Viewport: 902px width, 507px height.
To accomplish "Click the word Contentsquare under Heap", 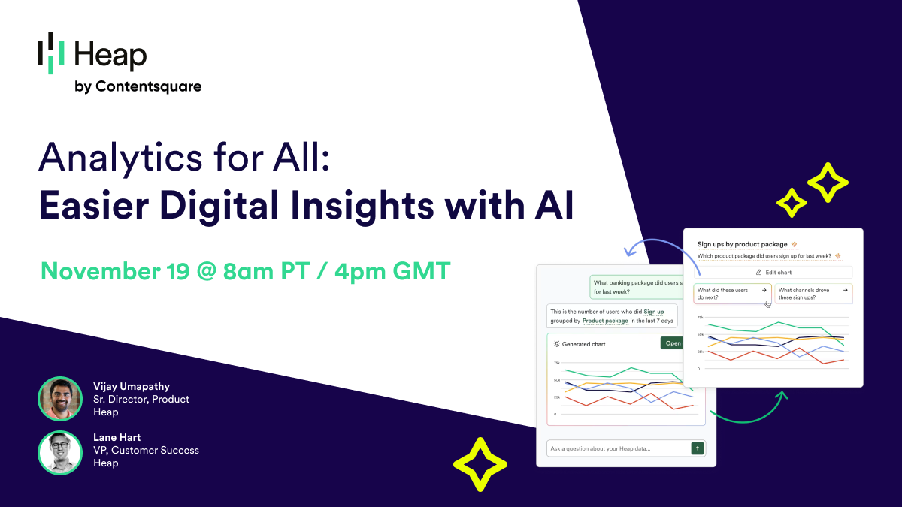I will [148, 86].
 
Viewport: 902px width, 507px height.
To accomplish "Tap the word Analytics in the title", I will [114, 159].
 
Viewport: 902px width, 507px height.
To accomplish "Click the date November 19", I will [114, 270].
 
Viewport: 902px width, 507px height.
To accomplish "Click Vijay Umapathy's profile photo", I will [59, 398].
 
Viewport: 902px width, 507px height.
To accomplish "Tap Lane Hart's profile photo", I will [59, 452].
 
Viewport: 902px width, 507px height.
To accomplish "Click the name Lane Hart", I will [117, 437].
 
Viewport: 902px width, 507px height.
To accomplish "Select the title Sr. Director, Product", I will [141, 399].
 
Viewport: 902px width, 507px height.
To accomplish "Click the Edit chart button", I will [773, 273].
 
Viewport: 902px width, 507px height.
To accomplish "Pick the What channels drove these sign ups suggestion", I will [813, 294].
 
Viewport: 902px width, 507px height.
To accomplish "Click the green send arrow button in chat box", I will [698, 448].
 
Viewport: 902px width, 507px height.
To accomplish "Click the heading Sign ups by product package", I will [743, 244].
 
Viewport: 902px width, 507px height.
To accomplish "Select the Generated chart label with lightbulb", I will [580, 344].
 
